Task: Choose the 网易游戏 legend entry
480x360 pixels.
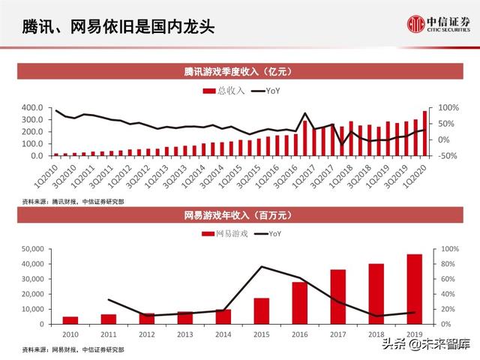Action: point(225,235)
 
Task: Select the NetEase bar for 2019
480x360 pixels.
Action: point(414,289)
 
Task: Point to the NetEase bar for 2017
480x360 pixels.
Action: point(337,296)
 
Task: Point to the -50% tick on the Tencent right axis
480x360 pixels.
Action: point(448,155)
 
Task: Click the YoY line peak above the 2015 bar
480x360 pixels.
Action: point(261,266)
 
